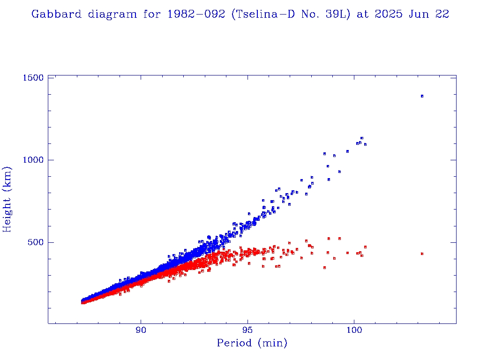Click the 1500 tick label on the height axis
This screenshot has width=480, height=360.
coord(32,77)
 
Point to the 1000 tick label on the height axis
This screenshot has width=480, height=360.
coord(32,160)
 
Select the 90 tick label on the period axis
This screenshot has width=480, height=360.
coord(141,330)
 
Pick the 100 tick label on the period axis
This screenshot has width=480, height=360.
coord(354,330)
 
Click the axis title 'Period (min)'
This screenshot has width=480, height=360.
coord(252,344)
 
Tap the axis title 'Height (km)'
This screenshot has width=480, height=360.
coord(7,199)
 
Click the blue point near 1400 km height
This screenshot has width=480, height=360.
coord(422,96)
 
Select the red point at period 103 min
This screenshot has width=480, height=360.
coord(422,254)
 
